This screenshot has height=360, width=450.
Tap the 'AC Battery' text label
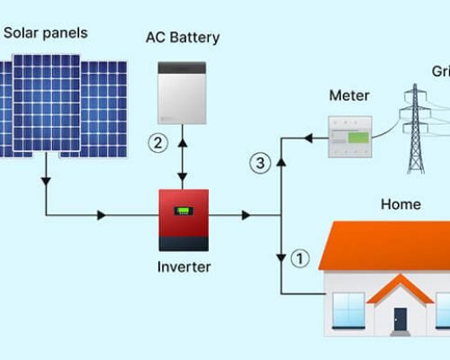[183, 38]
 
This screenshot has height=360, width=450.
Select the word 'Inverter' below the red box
[184, 266]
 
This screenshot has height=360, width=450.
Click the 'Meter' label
[349, 94]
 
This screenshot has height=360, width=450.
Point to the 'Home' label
[400, 204]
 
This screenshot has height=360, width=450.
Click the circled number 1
[301, 259]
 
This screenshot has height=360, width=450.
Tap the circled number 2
[158, 142]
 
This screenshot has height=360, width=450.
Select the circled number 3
[260, 163]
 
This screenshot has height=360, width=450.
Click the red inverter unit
[184, 220]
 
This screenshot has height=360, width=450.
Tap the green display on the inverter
[184, 212]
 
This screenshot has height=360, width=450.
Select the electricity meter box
[349, 138]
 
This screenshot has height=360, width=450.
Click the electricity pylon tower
[414, 126]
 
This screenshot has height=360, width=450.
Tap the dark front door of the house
[400, 319]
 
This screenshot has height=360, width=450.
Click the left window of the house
[347, 309]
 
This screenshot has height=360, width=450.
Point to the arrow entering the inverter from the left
[102, 215]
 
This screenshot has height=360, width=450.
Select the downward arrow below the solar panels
[44, 181]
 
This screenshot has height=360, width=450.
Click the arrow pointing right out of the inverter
[244, 215]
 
